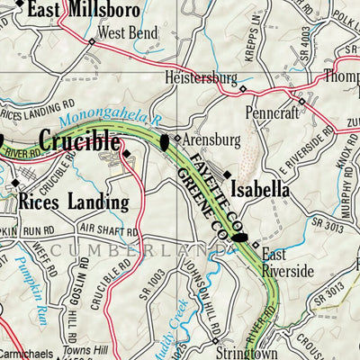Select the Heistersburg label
click(201, 77)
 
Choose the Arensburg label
click(211, 141)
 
